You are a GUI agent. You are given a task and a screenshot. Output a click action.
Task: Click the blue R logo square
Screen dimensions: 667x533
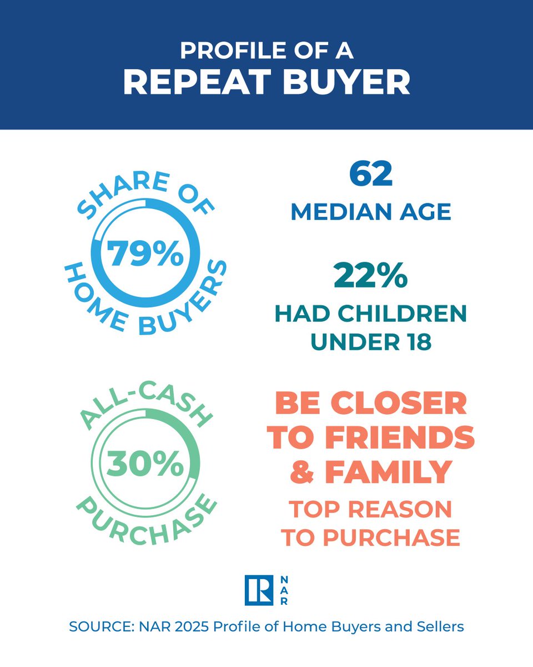click(259, 590)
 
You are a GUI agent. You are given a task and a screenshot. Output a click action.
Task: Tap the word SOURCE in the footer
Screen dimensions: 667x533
click(97, 627)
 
